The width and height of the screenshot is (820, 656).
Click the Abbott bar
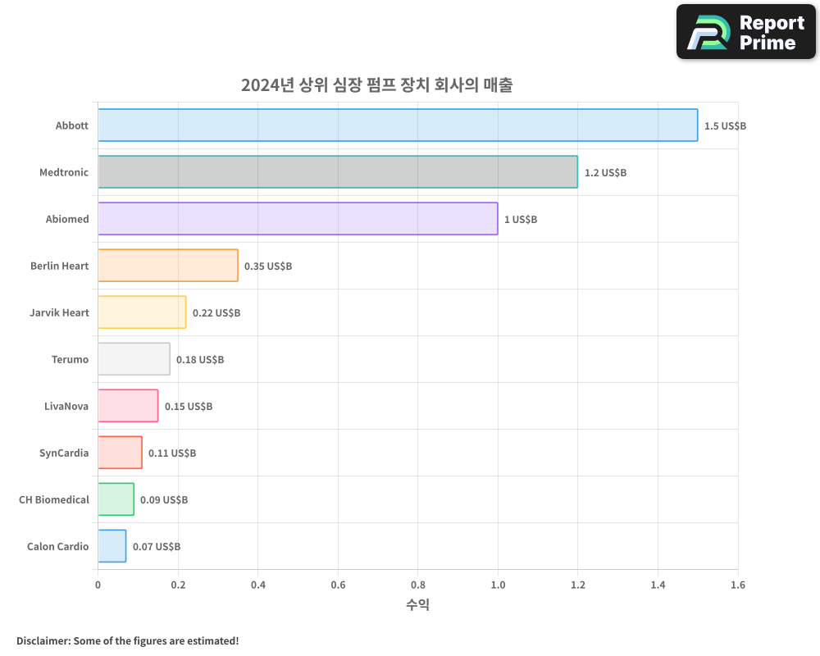[398, 125]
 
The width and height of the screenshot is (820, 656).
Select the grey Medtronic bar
[338, 172]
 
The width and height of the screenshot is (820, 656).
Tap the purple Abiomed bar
[298, 219]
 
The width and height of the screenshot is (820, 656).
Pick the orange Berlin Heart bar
[168, 266]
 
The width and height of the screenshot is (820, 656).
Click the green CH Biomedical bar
[116, 499]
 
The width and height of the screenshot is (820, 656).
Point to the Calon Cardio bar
[112, 546]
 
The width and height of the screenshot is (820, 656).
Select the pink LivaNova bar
[128, 406]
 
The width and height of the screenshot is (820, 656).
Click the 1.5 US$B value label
[725, 125]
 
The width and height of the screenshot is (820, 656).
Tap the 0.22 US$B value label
[216, 312]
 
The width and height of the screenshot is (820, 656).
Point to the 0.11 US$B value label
[172, 453]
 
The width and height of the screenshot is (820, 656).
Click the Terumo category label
[70, 359]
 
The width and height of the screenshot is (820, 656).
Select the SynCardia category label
[64, 453]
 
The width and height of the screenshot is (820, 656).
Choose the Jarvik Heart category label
[59, 312]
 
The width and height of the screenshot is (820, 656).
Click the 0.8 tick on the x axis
[417, 585]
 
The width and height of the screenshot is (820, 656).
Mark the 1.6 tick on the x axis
[738, 585]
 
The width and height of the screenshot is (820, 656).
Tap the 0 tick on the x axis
[98, 585]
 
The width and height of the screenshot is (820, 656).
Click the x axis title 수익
[417, 605]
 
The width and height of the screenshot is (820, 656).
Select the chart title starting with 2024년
[376, 85]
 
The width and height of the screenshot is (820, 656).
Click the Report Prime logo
[746, 32]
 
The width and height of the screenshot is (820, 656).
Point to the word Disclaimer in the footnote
[43, 640]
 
